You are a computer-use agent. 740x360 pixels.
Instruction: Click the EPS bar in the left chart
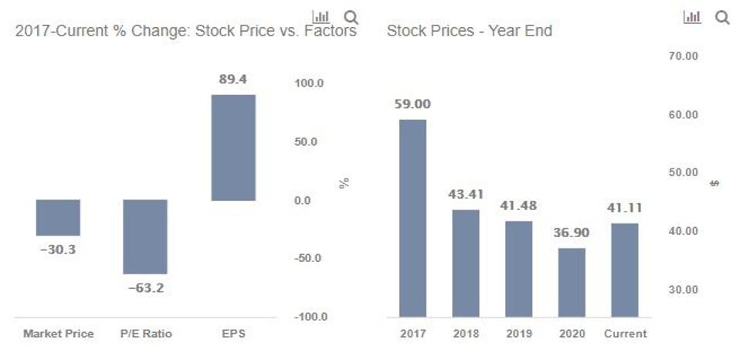(233, 148)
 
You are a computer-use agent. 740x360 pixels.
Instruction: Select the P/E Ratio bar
(145, 236)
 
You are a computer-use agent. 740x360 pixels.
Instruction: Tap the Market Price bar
(58, 217)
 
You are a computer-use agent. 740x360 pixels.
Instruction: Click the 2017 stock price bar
(413, 218)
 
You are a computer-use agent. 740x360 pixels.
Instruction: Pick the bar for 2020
(572, 282)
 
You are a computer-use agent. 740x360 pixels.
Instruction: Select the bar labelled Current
(625, 270)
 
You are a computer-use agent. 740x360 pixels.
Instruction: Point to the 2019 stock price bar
(519, 269)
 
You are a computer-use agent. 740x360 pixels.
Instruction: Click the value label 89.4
(233, 80)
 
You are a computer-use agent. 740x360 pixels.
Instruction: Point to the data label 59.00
(413, 104)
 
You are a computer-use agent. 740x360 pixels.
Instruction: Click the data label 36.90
(572, 233)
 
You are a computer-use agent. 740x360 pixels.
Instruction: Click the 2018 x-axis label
(466, 334)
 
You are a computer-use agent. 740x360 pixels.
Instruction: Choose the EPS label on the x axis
(233, 334)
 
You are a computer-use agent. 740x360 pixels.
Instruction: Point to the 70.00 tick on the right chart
(682, 56)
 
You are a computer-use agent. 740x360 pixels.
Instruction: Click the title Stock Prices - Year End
(469, 32)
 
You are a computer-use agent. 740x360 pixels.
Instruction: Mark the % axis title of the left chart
(345, 183)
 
